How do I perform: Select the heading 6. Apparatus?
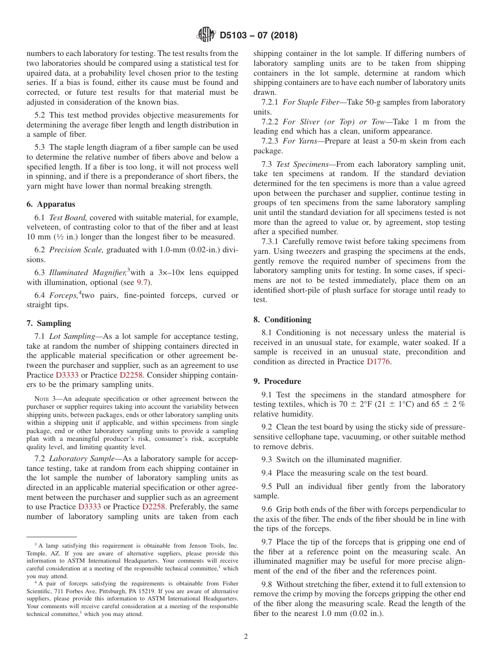click(51, 204)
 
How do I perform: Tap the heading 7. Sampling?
click(49, 323)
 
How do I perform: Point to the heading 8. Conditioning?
click(282, 319)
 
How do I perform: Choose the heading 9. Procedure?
click(277, 381)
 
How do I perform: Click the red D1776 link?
click(379, 362)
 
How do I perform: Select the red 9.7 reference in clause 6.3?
click(141, 282)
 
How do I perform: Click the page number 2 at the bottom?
click(246, 637)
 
